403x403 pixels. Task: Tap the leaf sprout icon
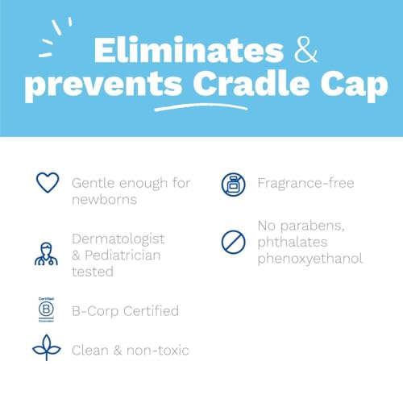point(46,349)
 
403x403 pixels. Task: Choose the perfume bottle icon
point(232,184)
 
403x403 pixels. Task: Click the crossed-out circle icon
point(232,241)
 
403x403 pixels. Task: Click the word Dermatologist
point(118,239)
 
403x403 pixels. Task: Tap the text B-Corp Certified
point(124,311)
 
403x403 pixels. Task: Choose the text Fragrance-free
point(305,184)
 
